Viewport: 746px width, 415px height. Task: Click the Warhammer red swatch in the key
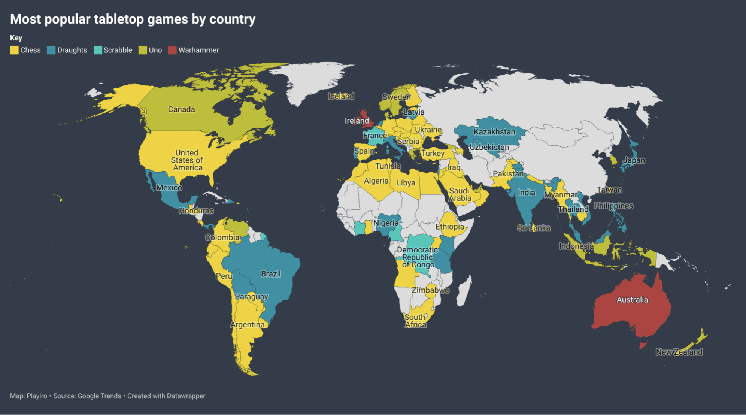172,50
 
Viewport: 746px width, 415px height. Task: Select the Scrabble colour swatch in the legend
98,50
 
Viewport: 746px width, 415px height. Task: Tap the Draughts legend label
72,50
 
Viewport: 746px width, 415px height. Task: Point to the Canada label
181,109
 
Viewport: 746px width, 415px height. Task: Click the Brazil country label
271,274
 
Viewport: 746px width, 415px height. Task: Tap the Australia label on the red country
632,300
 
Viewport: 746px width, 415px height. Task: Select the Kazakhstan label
494,132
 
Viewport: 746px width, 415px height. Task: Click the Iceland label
341,96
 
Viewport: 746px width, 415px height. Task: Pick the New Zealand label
679,352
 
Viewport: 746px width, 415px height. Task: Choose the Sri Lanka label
534,228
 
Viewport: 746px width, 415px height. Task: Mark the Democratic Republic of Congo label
418,257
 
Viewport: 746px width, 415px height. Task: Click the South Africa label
415,321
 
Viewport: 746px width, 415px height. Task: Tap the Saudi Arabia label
460,194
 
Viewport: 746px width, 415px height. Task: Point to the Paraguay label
251,297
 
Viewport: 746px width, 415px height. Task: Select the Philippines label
613,206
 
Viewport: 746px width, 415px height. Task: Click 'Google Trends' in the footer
99,396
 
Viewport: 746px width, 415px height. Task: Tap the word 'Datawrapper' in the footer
186,396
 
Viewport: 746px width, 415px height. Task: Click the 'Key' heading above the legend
16,38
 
